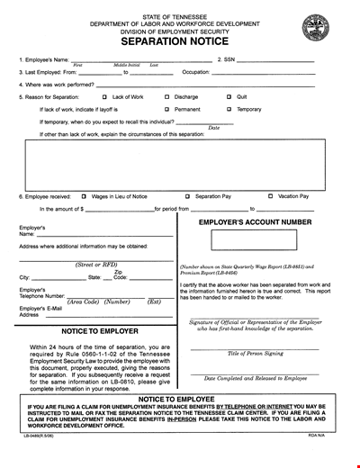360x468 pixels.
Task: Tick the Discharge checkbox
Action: [167, 96]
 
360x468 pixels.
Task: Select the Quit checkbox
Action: [229, 96]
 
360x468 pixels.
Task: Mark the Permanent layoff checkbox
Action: [167, 109]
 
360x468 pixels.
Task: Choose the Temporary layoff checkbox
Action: [229, 109]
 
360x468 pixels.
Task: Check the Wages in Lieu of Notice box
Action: [84, 195]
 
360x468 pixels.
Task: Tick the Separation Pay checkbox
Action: [187, 195]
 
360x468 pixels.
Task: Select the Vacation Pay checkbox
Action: [270, 195]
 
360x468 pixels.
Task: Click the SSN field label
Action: [228, 61]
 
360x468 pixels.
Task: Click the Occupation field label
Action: [195, 73]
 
